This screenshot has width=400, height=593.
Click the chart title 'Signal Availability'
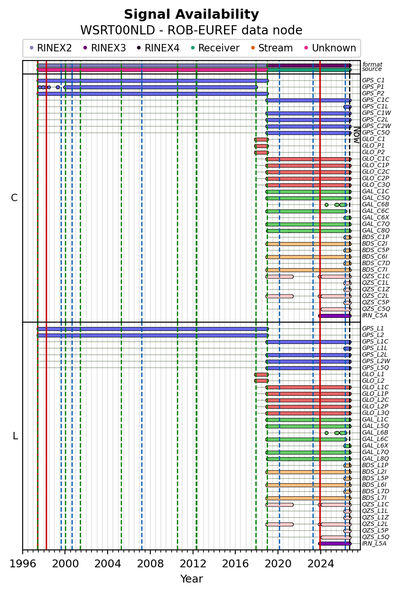pos(191,14)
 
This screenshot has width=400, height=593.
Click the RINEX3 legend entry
pos(105,48)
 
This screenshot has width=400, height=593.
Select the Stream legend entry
pos(271,48)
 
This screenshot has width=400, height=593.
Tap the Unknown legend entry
pos(330,48)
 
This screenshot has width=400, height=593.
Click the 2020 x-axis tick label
pos(278,564)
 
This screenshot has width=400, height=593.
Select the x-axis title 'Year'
pos(192,579)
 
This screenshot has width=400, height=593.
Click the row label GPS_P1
pos(373,87)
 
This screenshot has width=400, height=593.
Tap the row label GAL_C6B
pos(375,205)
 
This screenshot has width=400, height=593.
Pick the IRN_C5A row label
pos(375,316)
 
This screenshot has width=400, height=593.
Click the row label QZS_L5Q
pos(376,537)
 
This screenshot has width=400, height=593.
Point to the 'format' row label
pos(373,64)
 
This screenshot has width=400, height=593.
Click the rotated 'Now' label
pos(357,135)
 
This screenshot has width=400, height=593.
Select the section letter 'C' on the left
pos(14,198)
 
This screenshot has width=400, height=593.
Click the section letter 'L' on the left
pos(15,436)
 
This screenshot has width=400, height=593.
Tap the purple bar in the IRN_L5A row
pos(335,544)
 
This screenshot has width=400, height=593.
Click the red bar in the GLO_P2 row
pos(261,153)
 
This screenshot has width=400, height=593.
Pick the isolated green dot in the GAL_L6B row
pos(327,433)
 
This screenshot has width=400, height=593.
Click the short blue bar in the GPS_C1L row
pos(348,107)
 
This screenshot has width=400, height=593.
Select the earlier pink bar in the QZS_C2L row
pos(279,296)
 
